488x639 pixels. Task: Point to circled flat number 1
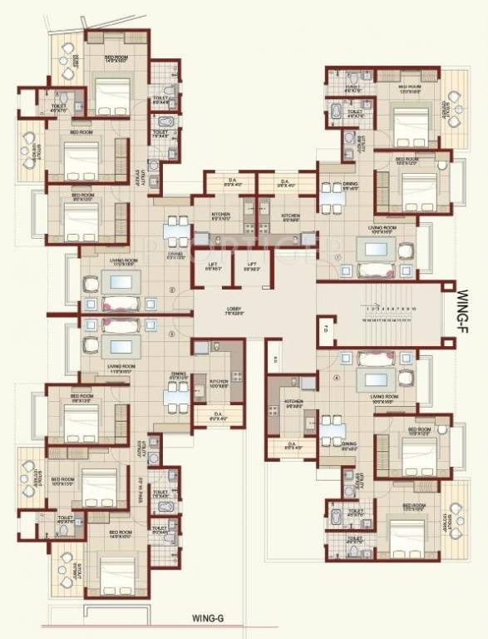pos(338,257)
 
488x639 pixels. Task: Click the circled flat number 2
pos(172,290)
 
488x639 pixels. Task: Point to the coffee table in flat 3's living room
pos(121,348)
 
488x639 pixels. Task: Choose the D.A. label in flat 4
pos(291,444)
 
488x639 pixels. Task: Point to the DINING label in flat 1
pos(350,186)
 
